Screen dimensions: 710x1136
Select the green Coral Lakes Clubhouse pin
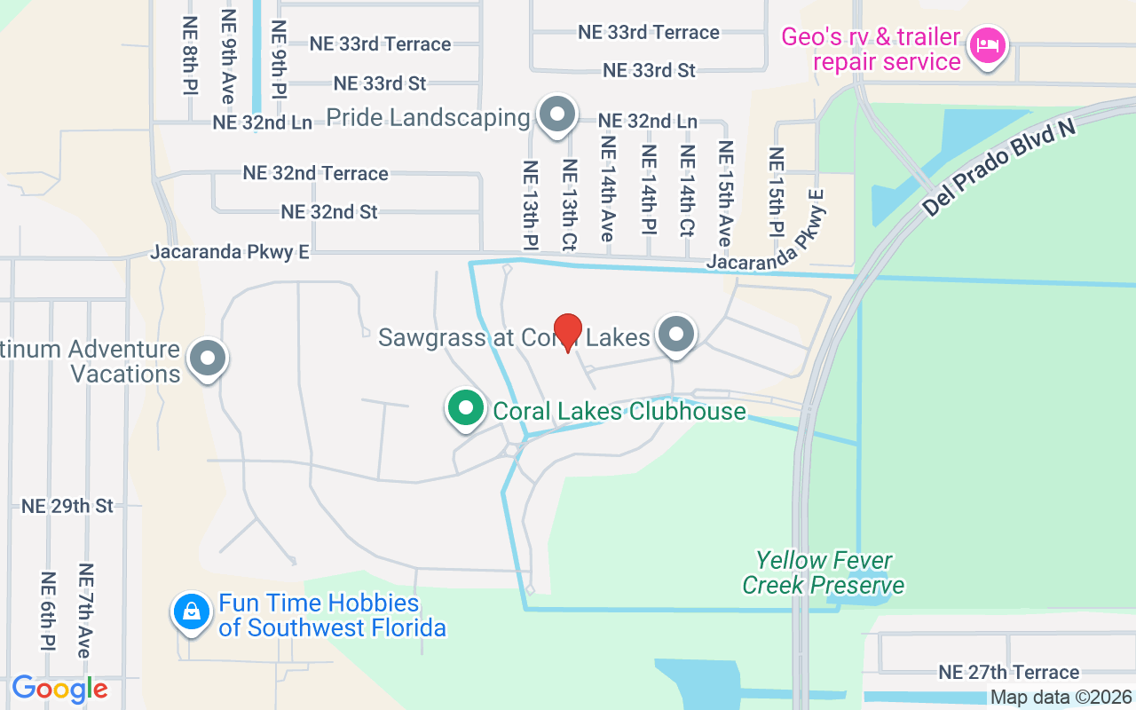(464, 409)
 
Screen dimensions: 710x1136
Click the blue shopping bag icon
(191, 612)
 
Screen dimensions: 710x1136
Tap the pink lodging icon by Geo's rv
(987, 44)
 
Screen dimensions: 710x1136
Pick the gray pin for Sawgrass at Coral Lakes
(677, 335)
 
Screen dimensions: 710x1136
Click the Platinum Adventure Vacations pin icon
(209, 359)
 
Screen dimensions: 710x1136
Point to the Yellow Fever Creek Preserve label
(823, 572)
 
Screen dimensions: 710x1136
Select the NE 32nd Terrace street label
(315, 173)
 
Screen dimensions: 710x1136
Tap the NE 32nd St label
(329, 212)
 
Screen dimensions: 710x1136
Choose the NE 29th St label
(67, 506)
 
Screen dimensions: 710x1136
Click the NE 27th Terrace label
(1010, 672)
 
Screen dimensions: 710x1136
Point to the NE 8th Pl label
(190, 55)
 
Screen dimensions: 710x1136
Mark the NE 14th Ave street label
(608, 188)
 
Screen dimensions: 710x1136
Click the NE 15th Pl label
(777, 192)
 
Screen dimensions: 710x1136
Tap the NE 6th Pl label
(48, 610)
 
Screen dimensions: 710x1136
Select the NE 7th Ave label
(85, 610)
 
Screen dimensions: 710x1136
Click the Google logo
(59, 689)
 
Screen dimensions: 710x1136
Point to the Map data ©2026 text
(1061, 698)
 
